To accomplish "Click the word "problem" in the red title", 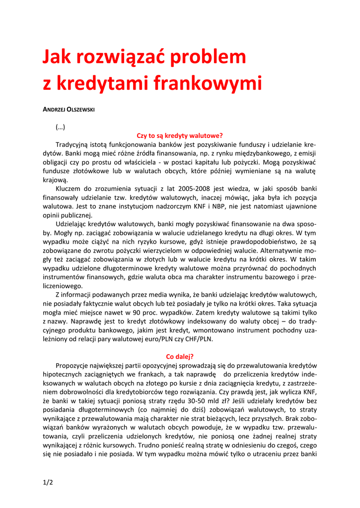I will click(x=209, y=59).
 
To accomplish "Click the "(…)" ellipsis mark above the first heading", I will click(x=61, y=127).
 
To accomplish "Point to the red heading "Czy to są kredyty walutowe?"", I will click(x=180, y=135).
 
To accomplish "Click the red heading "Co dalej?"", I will click(x=180, y=356).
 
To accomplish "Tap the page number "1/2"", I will click(x=48, y=481).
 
